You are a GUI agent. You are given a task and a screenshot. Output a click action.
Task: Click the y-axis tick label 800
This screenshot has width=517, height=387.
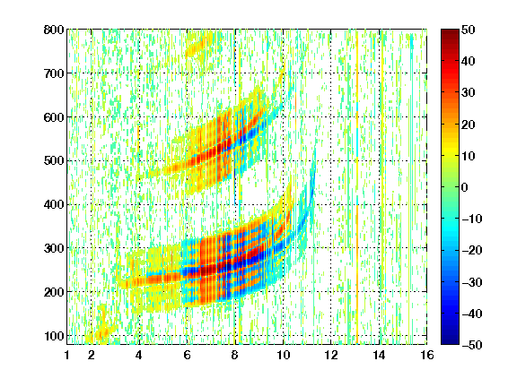pos(54,30)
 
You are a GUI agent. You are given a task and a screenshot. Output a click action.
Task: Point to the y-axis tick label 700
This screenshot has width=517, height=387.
pos(54,73)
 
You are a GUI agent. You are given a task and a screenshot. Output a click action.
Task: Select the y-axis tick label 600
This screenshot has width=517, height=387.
pos(54,117)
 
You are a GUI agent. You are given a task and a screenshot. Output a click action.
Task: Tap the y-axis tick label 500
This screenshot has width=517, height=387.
pos(54,161)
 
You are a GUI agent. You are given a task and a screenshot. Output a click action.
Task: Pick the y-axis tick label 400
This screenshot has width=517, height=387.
pos(54,204)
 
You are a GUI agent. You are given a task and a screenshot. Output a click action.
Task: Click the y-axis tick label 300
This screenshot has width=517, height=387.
pos(54,248)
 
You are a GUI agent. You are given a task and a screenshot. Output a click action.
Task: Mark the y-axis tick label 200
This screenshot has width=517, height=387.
pos(54,292)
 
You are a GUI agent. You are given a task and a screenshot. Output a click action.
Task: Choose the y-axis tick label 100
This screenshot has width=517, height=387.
pos(54,336)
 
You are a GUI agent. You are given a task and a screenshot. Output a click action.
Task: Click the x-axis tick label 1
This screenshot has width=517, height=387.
pos(67,355)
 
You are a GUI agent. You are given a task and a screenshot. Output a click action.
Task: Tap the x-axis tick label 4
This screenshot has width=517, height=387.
pos(139,355)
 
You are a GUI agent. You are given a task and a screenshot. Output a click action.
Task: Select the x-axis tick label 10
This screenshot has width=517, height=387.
pos(283,355)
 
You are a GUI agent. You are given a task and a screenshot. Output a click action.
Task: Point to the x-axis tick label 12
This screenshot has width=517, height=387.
pos(330,355)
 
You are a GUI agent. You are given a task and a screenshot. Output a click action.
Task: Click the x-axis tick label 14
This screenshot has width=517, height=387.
pos(379,355)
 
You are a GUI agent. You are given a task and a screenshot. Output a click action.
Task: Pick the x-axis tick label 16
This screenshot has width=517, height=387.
pos(426,355)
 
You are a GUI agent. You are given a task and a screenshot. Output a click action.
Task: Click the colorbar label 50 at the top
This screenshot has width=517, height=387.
pos(468,30)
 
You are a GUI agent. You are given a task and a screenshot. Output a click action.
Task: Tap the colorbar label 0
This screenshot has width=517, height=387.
pos(465,187)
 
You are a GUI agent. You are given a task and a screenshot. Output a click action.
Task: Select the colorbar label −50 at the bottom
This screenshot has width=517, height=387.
pos(472,345)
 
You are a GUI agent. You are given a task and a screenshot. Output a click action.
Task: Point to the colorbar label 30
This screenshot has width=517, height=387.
pos(468,92)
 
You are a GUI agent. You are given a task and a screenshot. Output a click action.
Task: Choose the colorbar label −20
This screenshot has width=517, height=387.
pos(472,250)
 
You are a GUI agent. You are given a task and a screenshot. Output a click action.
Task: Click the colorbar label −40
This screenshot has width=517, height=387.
pos(472,314)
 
